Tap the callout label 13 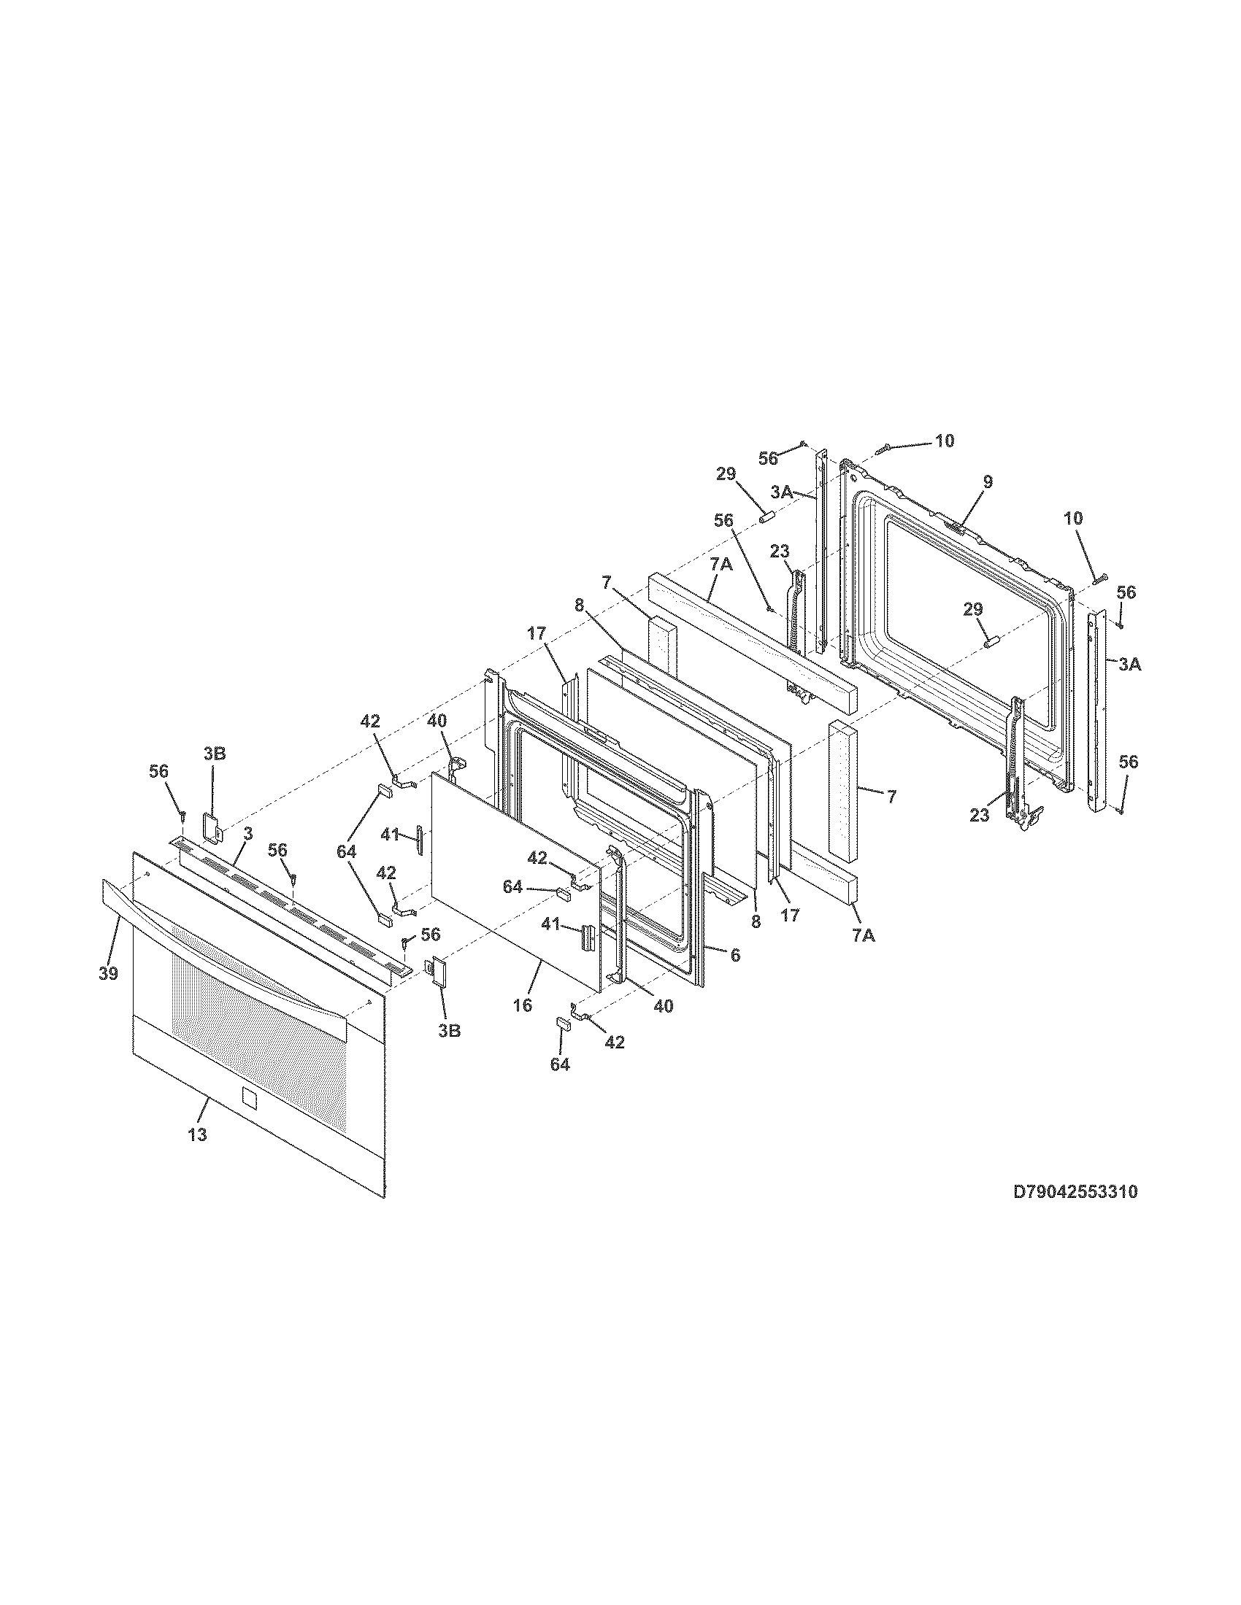[x=197, y=1134]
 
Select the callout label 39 [x=108, y=973]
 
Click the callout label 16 [x=523, y=1005]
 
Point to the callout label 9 [x=988, y=481]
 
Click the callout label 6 [x=734, y=955]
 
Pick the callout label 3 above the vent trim [x=248, y=833]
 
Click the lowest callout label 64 [x=559, y=1064]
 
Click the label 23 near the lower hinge [x=979, y=813]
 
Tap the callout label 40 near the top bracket [x=437, y=721]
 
